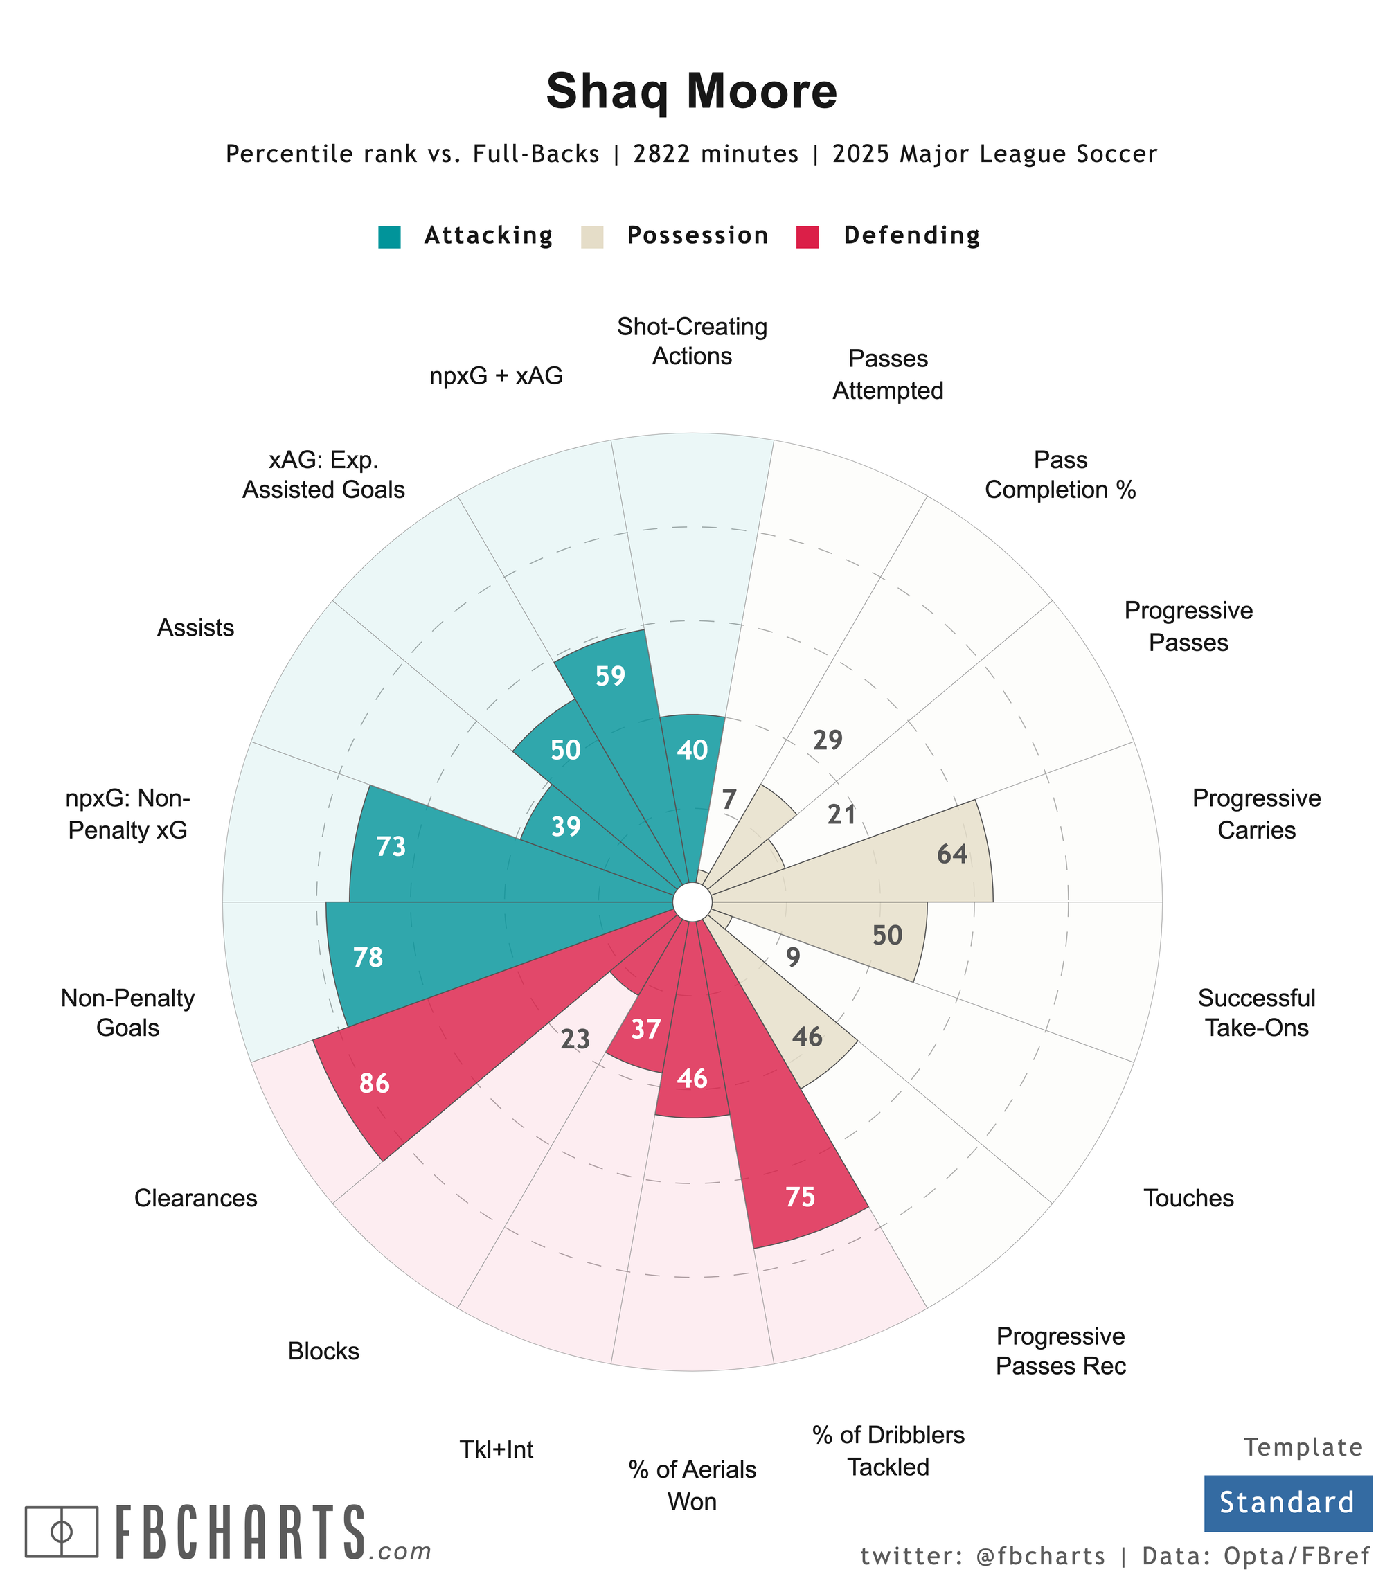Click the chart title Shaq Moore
(691, 91)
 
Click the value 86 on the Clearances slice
(375, 1084)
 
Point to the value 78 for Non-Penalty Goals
(368, 958)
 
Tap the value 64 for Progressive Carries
(952, 854)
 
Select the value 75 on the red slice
(800, 1197)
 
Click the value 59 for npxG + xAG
(611, 677)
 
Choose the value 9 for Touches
(793, 958)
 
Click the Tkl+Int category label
(497, 1450)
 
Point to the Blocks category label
(324, 1351)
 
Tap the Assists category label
(195, 627)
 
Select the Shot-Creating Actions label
(692, 341)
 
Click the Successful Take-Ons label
(1256, 1012)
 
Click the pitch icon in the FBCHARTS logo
(62, 1531)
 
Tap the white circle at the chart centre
(692, 902)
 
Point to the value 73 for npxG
(391, 847)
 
